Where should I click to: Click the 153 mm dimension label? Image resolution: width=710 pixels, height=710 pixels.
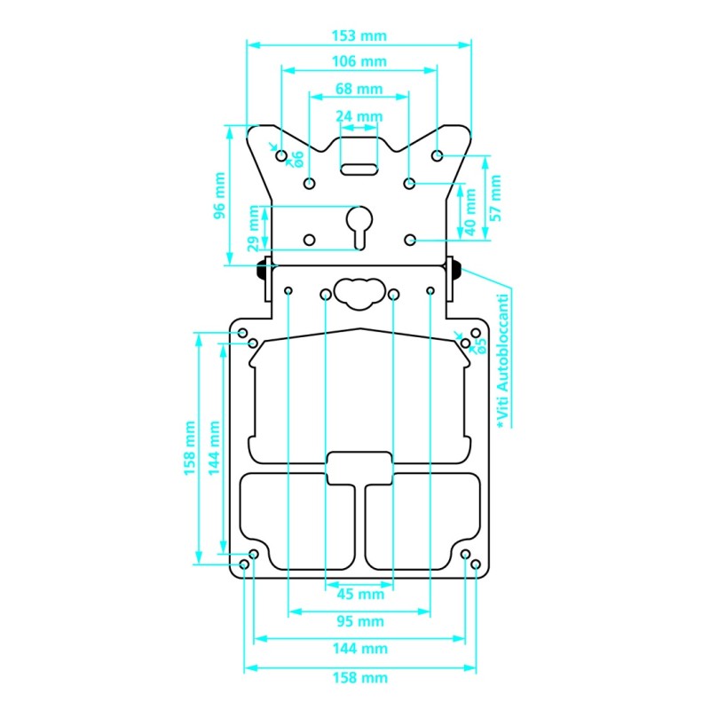pyautogui.click(x=359, y=35)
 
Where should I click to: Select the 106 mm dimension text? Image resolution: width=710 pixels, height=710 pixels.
pyautogui.click(x=359, y=61)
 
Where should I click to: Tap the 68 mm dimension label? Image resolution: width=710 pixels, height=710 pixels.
pyautogui.click(x=359, y=89)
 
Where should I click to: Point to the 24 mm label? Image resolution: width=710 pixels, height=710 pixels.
pyautogui.click(x=359, y=116)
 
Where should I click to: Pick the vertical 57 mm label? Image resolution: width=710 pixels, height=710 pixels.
pyautogui.click(x=495, y=197)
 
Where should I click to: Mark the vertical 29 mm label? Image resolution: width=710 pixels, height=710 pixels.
pyautogui.click(x=254, y=228)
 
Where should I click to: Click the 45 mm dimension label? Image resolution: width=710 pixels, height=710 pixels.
pyautogui.click(x=359, y=596)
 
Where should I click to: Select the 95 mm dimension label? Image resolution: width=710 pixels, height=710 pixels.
pyautogui.click(x=359, y=621)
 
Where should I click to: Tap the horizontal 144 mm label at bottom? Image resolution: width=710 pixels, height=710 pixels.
pyautogui.click(x=359, y=649)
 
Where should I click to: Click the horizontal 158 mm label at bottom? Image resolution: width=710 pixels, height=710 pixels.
pyautogui.click(x=359, y=677)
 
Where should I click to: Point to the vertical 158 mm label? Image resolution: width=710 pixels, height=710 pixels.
pyautogui.click(x=189, y=448)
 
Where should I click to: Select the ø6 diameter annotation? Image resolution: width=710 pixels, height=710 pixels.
pyautogui.click(x=298, y=159)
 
